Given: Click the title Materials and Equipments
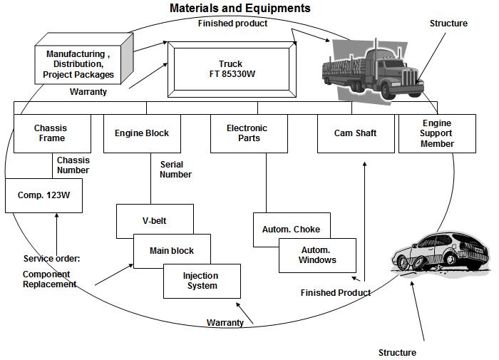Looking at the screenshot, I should coord(240,9).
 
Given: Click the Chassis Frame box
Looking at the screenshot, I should coord(50,133).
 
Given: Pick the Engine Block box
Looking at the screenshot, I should coord(142,133).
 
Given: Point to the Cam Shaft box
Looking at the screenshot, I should coord(355,133).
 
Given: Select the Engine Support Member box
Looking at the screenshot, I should coord(437,133).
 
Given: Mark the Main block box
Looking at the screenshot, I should coord(171,250).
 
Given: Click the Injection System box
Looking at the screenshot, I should coord(200,281).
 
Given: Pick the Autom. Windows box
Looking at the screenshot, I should coord(317,255).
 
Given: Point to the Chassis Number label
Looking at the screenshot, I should coord(73,165).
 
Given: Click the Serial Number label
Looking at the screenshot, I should coord(175,170).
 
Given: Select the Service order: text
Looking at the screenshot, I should coord(51,259).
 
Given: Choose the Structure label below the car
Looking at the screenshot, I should coord(397,352).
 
